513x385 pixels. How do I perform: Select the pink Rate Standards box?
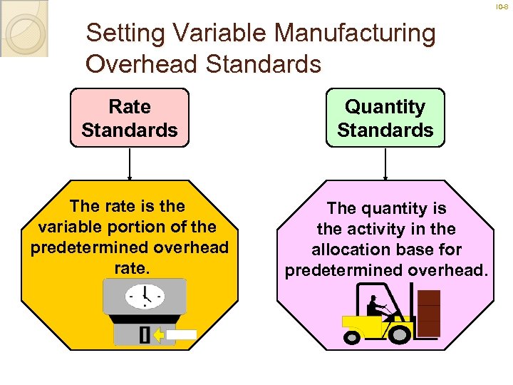click(130, 118)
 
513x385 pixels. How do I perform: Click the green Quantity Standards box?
click(385, 118)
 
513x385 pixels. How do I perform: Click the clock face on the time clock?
click(145, 294)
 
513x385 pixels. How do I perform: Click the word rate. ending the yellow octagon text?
click(129, 267)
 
